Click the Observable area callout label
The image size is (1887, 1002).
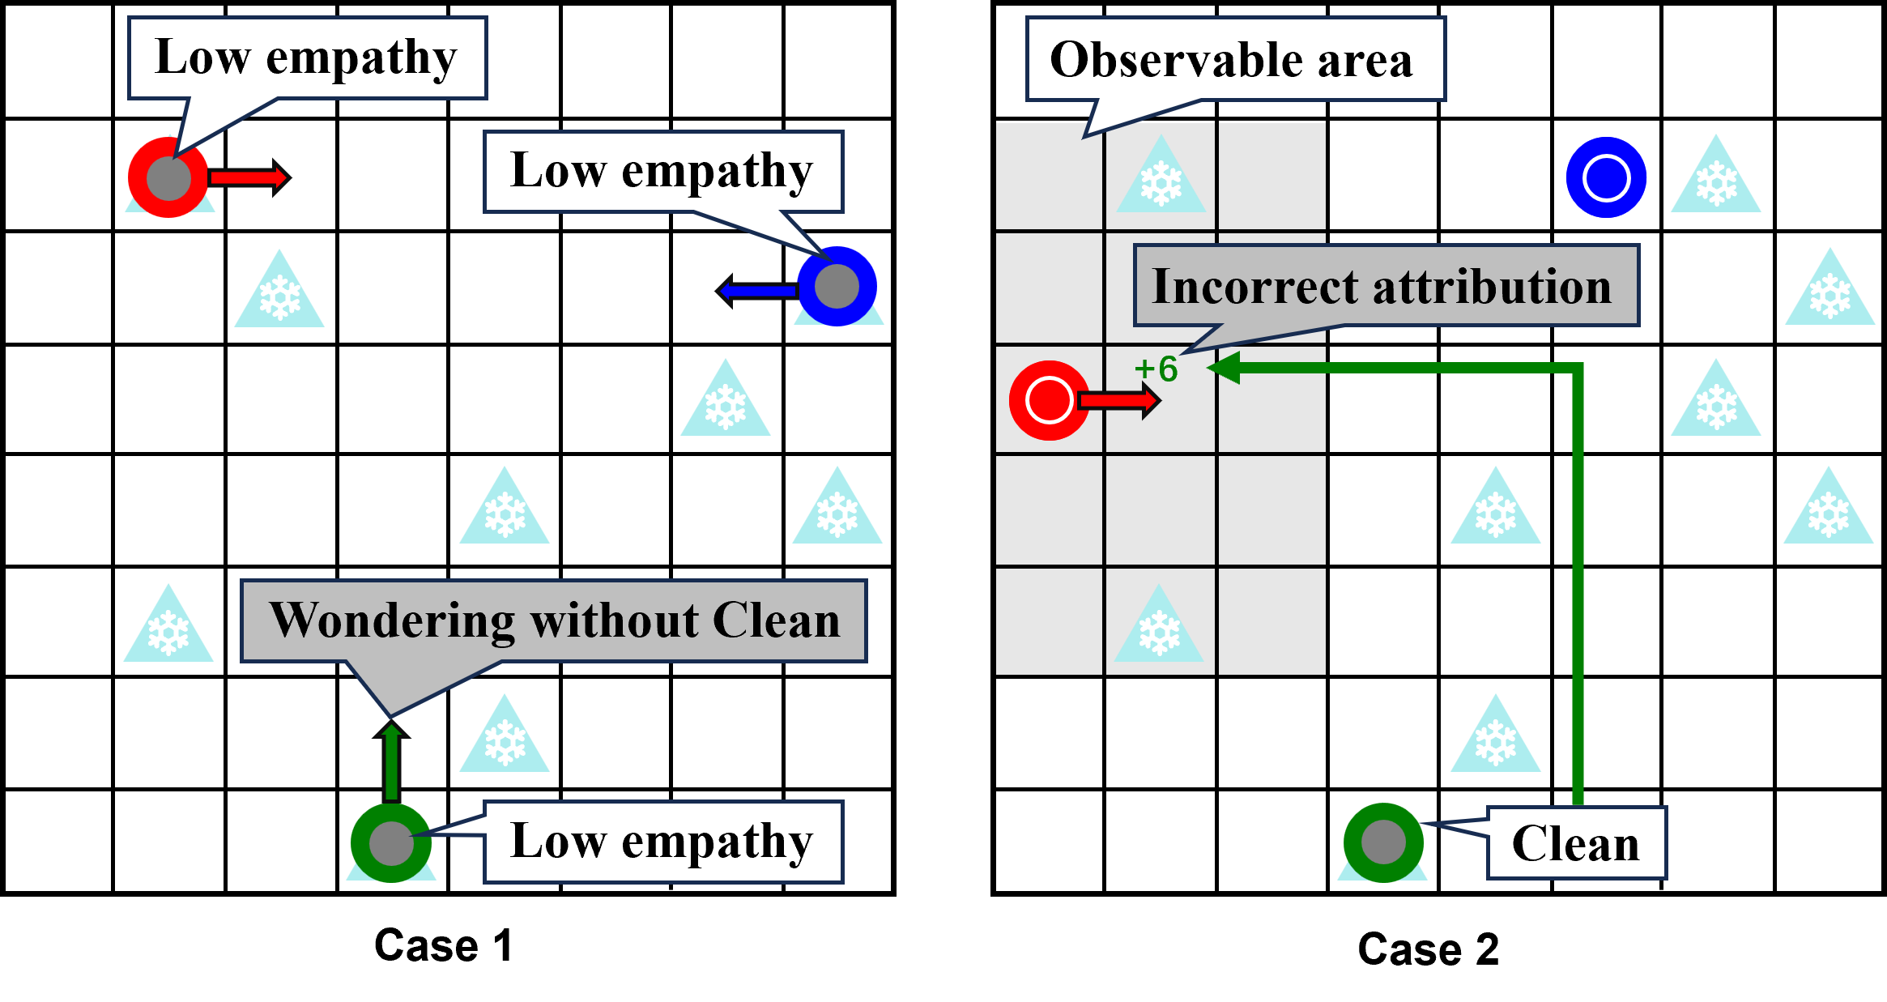click(x=1235, y=59)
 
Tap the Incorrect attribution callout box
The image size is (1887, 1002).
click(x=1385, y=286)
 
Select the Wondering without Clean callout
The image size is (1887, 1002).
click(x=553, y=621)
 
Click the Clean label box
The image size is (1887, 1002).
click(x=1576, y=843)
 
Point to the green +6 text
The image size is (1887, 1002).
click(x=1156, y=369)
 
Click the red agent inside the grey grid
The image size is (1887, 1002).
click(x=1049, y=400)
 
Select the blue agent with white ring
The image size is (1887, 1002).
click(x=1605, y=178)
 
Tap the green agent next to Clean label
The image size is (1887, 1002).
click(x=1383, y=842)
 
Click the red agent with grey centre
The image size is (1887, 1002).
click(x=168, y=177)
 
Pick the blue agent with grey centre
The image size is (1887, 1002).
click(x=837, y=287)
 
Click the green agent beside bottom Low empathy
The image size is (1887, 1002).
click(x=391, y=842)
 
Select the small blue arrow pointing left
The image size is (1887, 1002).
click(x=757, y=290)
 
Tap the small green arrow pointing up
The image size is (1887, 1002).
click(x=391, y=761)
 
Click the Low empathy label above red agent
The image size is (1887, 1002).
click(x=306, y=58)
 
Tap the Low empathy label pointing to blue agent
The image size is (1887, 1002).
click(x=662, y=172)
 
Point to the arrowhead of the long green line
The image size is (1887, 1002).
click(x=1223, y=368)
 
